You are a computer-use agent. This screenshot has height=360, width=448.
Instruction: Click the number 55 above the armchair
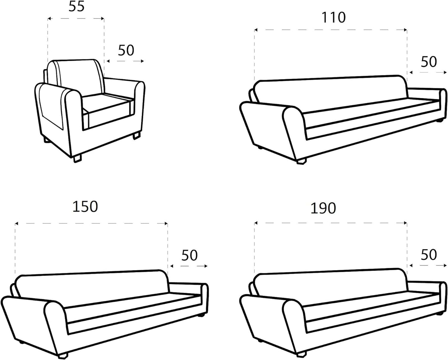(x=76, y=7)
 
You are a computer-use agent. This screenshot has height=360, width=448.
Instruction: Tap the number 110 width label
(x=334, y=17)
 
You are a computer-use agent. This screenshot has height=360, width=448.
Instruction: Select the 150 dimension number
(x=85, y=207)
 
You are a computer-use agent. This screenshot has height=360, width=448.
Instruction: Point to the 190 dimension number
(x=323, y=208)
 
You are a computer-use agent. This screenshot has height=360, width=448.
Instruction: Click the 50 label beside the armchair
(x=126, y=51)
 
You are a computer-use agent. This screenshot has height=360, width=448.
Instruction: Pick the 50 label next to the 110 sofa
(x=429, y=62)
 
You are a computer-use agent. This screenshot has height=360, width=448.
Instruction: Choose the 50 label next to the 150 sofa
(x=189, y=256)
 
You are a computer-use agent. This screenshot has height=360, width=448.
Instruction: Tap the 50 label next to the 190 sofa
(x=429, y=255)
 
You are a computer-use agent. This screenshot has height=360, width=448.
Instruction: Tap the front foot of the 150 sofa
(x=63, y=355)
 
